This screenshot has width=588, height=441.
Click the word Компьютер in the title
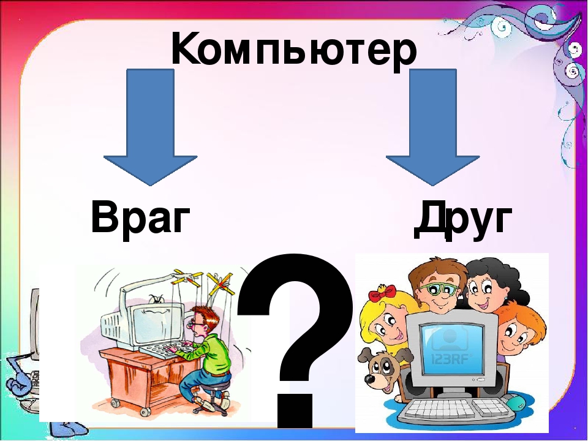pos(293,51)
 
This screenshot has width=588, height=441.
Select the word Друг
pos(463,219)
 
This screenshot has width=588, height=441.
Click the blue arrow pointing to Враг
pos(150,127)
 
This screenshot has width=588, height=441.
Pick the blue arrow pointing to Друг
pos(433,127)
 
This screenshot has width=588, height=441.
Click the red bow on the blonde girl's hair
pos(382,292)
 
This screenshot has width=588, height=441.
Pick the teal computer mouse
pos(520,403)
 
